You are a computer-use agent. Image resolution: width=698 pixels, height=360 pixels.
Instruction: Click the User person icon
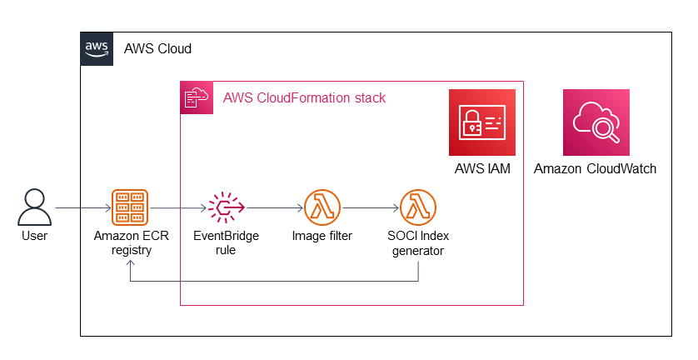click(x=34, y=207)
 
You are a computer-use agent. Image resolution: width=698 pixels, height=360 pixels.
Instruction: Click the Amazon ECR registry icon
click(x=129, y=207)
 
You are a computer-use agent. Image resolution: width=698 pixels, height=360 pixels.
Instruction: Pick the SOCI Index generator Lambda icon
click(x=418, y=207)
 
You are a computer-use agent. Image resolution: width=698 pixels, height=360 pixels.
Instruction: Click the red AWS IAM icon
click(x=482, y=122)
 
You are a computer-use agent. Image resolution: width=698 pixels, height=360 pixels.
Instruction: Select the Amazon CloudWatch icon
click(x=596, y=122)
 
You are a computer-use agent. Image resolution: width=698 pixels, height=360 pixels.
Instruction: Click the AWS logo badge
click(x=97, y=48)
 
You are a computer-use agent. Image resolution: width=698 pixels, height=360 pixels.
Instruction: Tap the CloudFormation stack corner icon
click(x=197, y=97)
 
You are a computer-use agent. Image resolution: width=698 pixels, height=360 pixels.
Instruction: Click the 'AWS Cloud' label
click(x=157, y=49)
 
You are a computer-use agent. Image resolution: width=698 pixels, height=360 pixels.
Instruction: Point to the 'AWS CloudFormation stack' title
click(x=304, y=98)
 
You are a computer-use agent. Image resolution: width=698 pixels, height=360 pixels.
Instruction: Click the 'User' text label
click(x=34, y=237)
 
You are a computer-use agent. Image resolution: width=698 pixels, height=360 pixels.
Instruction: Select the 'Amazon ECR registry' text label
click(x=129, y=242)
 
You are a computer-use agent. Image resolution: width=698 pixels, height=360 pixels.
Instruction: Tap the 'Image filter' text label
click(x=322, y=236)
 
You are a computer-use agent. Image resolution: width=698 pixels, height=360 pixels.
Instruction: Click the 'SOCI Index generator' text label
click(x=418, y=242)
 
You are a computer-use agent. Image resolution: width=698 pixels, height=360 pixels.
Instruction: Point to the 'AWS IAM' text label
click(x=482, y=169)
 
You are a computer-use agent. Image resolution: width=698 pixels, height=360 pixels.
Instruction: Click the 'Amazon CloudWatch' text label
click(x=595, y=169)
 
